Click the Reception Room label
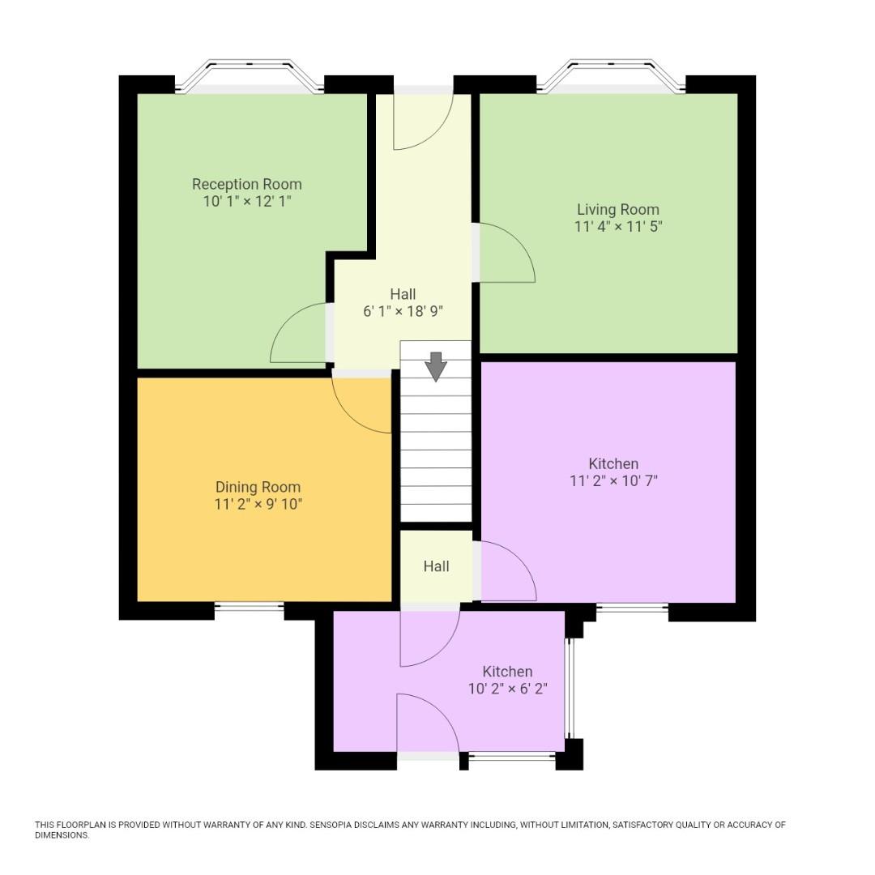pos(246,184)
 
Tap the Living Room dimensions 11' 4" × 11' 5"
pos(618,227)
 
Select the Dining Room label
pos(258,487)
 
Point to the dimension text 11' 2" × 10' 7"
pos(613,480)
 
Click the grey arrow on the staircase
pos(436,366)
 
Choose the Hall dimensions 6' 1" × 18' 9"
pos(403,311)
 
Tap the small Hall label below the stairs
pos(436,566)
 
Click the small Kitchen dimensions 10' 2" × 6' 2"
pos(508,689)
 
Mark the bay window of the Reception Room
pos(250,75)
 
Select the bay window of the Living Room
pos(611,75)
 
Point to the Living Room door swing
pos(504,254)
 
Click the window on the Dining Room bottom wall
pos(249,606)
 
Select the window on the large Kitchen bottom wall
pos(632,607)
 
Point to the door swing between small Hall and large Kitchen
pos(506,572)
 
